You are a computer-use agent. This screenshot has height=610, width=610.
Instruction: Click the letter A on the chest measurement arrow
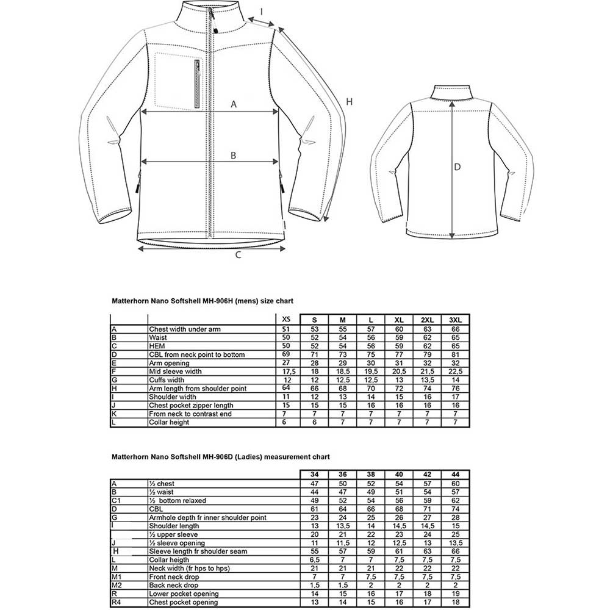233,104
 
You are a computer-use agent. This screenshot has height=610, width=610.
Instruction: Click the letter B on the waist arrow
233,155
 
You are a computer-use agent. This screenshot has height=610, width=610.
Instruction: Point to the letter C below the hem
239,256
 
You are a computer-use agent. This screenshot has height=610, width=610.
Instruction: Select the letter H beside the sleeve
349,102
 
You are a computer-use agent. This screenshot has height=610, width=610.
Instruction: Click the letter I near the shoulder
262,10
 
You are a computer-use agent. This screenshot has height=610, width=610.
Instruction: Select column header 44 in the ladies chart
455,475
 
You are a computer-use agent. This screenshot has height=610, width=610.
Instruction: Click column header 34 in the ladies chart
314,475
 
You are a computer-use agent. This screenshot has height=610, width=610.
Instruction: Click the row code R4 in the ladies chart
117,602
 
